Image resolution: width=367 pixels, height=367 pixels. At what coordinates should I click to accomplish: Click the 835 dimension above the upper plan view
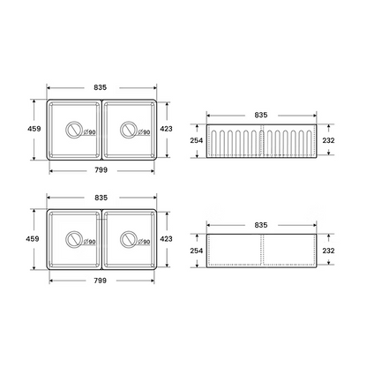pyautogui.click(x=101, y=87)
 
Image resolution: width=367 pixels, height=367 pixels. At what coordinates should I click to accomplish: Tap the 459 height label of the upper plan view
pyautogui.click(x=34, y=129)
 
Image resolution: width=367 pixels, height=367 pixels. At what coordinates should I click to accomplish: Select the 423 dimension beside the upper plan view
pyautogui.click(x=167, y=129)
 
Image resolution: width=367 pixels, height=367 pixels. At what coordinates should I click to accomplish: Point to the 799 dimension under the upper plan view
pyautogui.click(x=101, y=170)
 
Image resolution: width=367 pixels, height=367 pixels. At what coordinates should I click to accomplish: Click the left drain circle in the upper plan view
pyautogui.click(x=72, y=130)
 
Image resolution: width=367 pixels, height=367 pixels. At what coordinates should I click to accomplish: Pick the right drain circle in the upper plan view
pyautogui.click(x=128, y=130)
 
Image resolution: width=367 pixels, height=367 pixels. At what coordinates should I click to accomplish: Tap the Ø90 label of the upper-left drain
pyautogui.click(x=90, y=132)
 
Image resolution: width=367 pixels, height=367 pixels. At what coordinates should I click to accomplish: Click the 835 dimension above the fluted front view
pyautogui.click(x=261, y=115)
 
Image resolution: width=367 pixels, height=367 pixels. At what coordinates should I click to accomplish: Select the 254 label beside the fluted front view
pyautogui.click(x=197, y=140)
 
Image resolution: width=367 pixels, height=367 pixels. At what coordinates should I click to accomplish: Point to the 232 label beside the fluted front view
pyautogui.click(x=328, y=140)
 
